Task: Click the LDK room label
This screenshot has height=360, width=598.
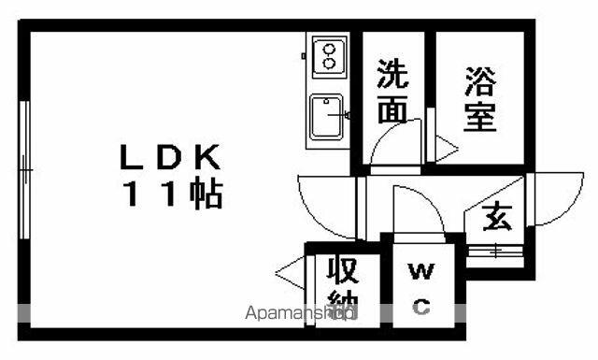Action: tap(170, 157)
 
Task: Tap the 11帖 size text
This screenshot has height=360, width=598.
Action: tap(173, 194)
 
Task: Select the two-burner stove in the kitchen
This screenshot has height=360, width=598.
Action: tap(330, 57)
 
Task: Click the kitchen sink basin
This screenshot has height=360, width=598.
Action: tap(326, 117)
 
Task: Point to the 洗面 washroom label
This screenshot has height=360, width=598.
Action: tap(392, 92)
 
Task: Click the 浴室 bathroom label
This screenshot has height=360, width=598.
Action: tap(480, 100)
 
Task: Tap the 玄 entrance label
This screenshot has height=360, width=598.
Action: tap(497, 217)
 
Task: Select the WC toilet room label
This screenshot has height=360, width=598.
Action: tap(421, 288)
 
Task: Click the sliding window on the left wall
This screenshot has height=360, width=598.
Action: tap(25, 169)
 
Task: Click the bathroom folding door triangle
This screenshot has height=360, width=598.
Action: tap(447, 149)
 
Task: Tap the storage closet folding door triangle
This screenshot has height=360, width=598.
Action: tap(290, 273)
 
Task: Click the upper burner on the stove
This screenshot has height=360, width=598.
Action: tap(329, 49)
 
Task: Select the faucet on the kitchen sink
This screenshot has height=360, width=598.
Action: tap(339, 114)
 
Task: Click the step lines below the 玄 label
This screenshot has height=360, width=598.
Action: tap(494, 252)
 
